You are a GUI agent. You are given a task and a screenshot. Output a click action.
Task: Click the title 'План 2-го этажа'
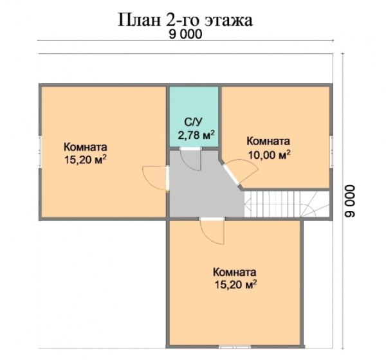pyautogui.click(x=185, y=20)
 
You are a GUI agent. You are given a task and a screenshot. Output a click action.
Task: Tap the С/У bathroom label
pyautogui.click(x=193, y=122)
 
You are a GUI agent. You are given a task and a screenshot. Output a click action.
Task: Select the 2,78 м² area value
pyautogui.click(x=196, y=134)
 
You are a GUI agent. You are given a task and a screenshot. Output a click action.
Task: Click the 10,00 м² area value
pyautogui.click(x=270, y=155)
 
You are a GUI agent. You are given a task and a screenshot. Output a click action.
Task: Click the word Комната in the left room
pyautogui.click(x=86, y=147)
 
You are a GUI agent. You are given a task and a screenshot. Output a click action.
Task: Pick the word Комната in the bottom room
pyautogui.click(x=235, y=273)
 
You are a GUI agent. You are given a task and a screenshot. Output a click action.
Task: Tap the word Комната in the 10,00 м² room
pyautogui.click(x=268, y=141)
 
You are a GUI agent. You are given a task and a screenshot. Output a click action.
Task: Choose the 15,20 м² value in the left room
pyautogui.click(x=86, y=160)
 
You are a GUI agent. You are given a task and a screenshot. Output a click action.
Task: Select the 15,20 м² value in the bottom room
pyautogui.click(x=236, y=285)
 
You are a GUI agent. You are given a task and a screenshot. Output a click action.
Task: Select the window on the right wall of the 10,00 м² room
pyautogui.click(x=331, y=150)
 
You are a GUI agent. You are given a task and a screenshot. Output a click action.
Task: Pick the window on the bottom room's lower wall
pyautogui.click(x=235, y=347)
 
